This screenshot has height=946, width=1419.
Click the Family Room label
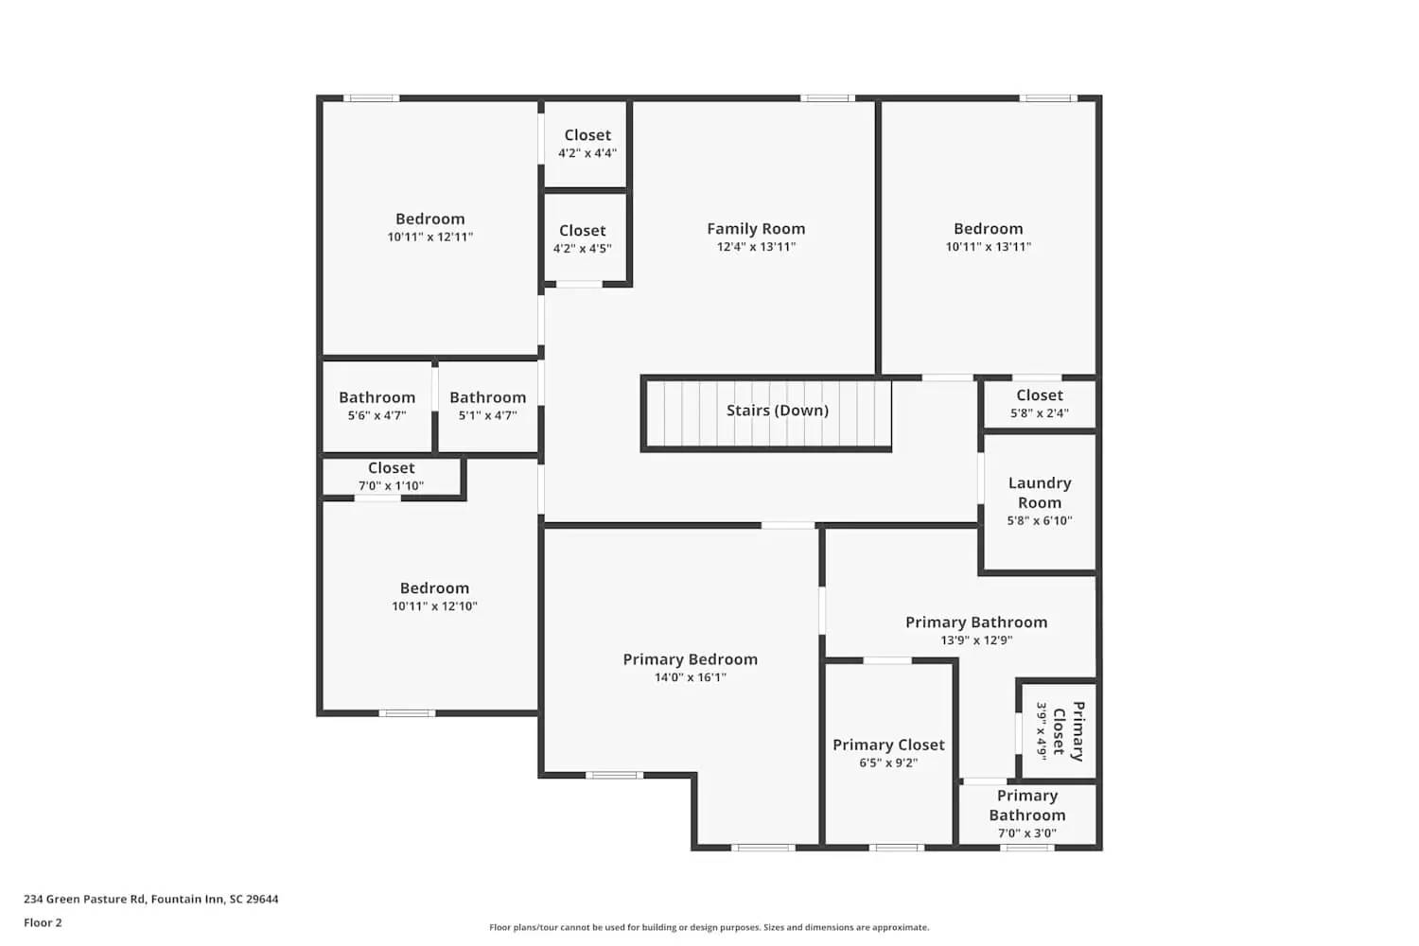click(x=756, y=229)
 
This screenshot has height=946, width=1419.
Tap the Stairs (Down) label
click(x=777, y=411)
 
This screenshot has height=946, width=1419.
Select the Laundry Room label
click(x=1039, y=493)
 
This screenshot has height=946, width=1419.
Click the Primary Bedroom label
click(x=690, y=659)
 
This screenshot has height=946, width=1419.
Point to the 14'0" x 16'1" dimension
click(x=690, y=677)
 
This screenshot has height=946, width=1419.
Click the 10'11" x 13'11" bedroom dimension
click(x=988, y=247)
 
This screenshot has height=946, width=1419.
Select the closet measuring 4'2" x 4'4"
click(x=587, y=144)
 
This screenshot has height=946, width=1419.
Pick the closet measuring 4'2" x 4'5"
click(x=582, y=239)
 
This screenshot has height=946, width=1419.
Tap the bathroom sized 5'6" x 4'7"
click(x=377, y=406)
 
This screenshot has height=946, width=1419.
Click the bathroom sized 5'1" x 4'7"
click(x=487, y=406)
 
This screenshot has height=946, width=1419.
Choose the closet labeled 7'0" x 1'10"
click(x=391, y=477)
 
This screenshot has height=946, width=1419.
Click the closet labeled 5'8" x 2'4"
click(x=1039, y=404)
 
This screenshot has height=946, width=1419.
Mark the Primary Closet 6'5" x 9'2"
click(x=888, y=753)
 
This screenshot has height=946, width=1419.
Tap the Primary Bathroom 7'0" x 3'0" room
click(x=1026, y=815)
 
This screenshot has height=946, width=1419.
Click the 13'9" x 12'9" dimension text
click(x=976, y=640)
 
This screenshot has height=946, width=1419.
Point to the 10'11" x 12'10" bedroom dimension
click(x=434, y=606)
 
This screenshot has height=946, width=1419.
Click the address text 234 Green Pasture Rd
click(x=151, y=900)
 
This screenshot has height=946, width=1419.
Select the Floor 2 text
click(x=43, y=923)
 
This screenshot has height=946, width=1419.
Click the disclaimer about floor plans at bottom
click(x=709, y=928)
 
